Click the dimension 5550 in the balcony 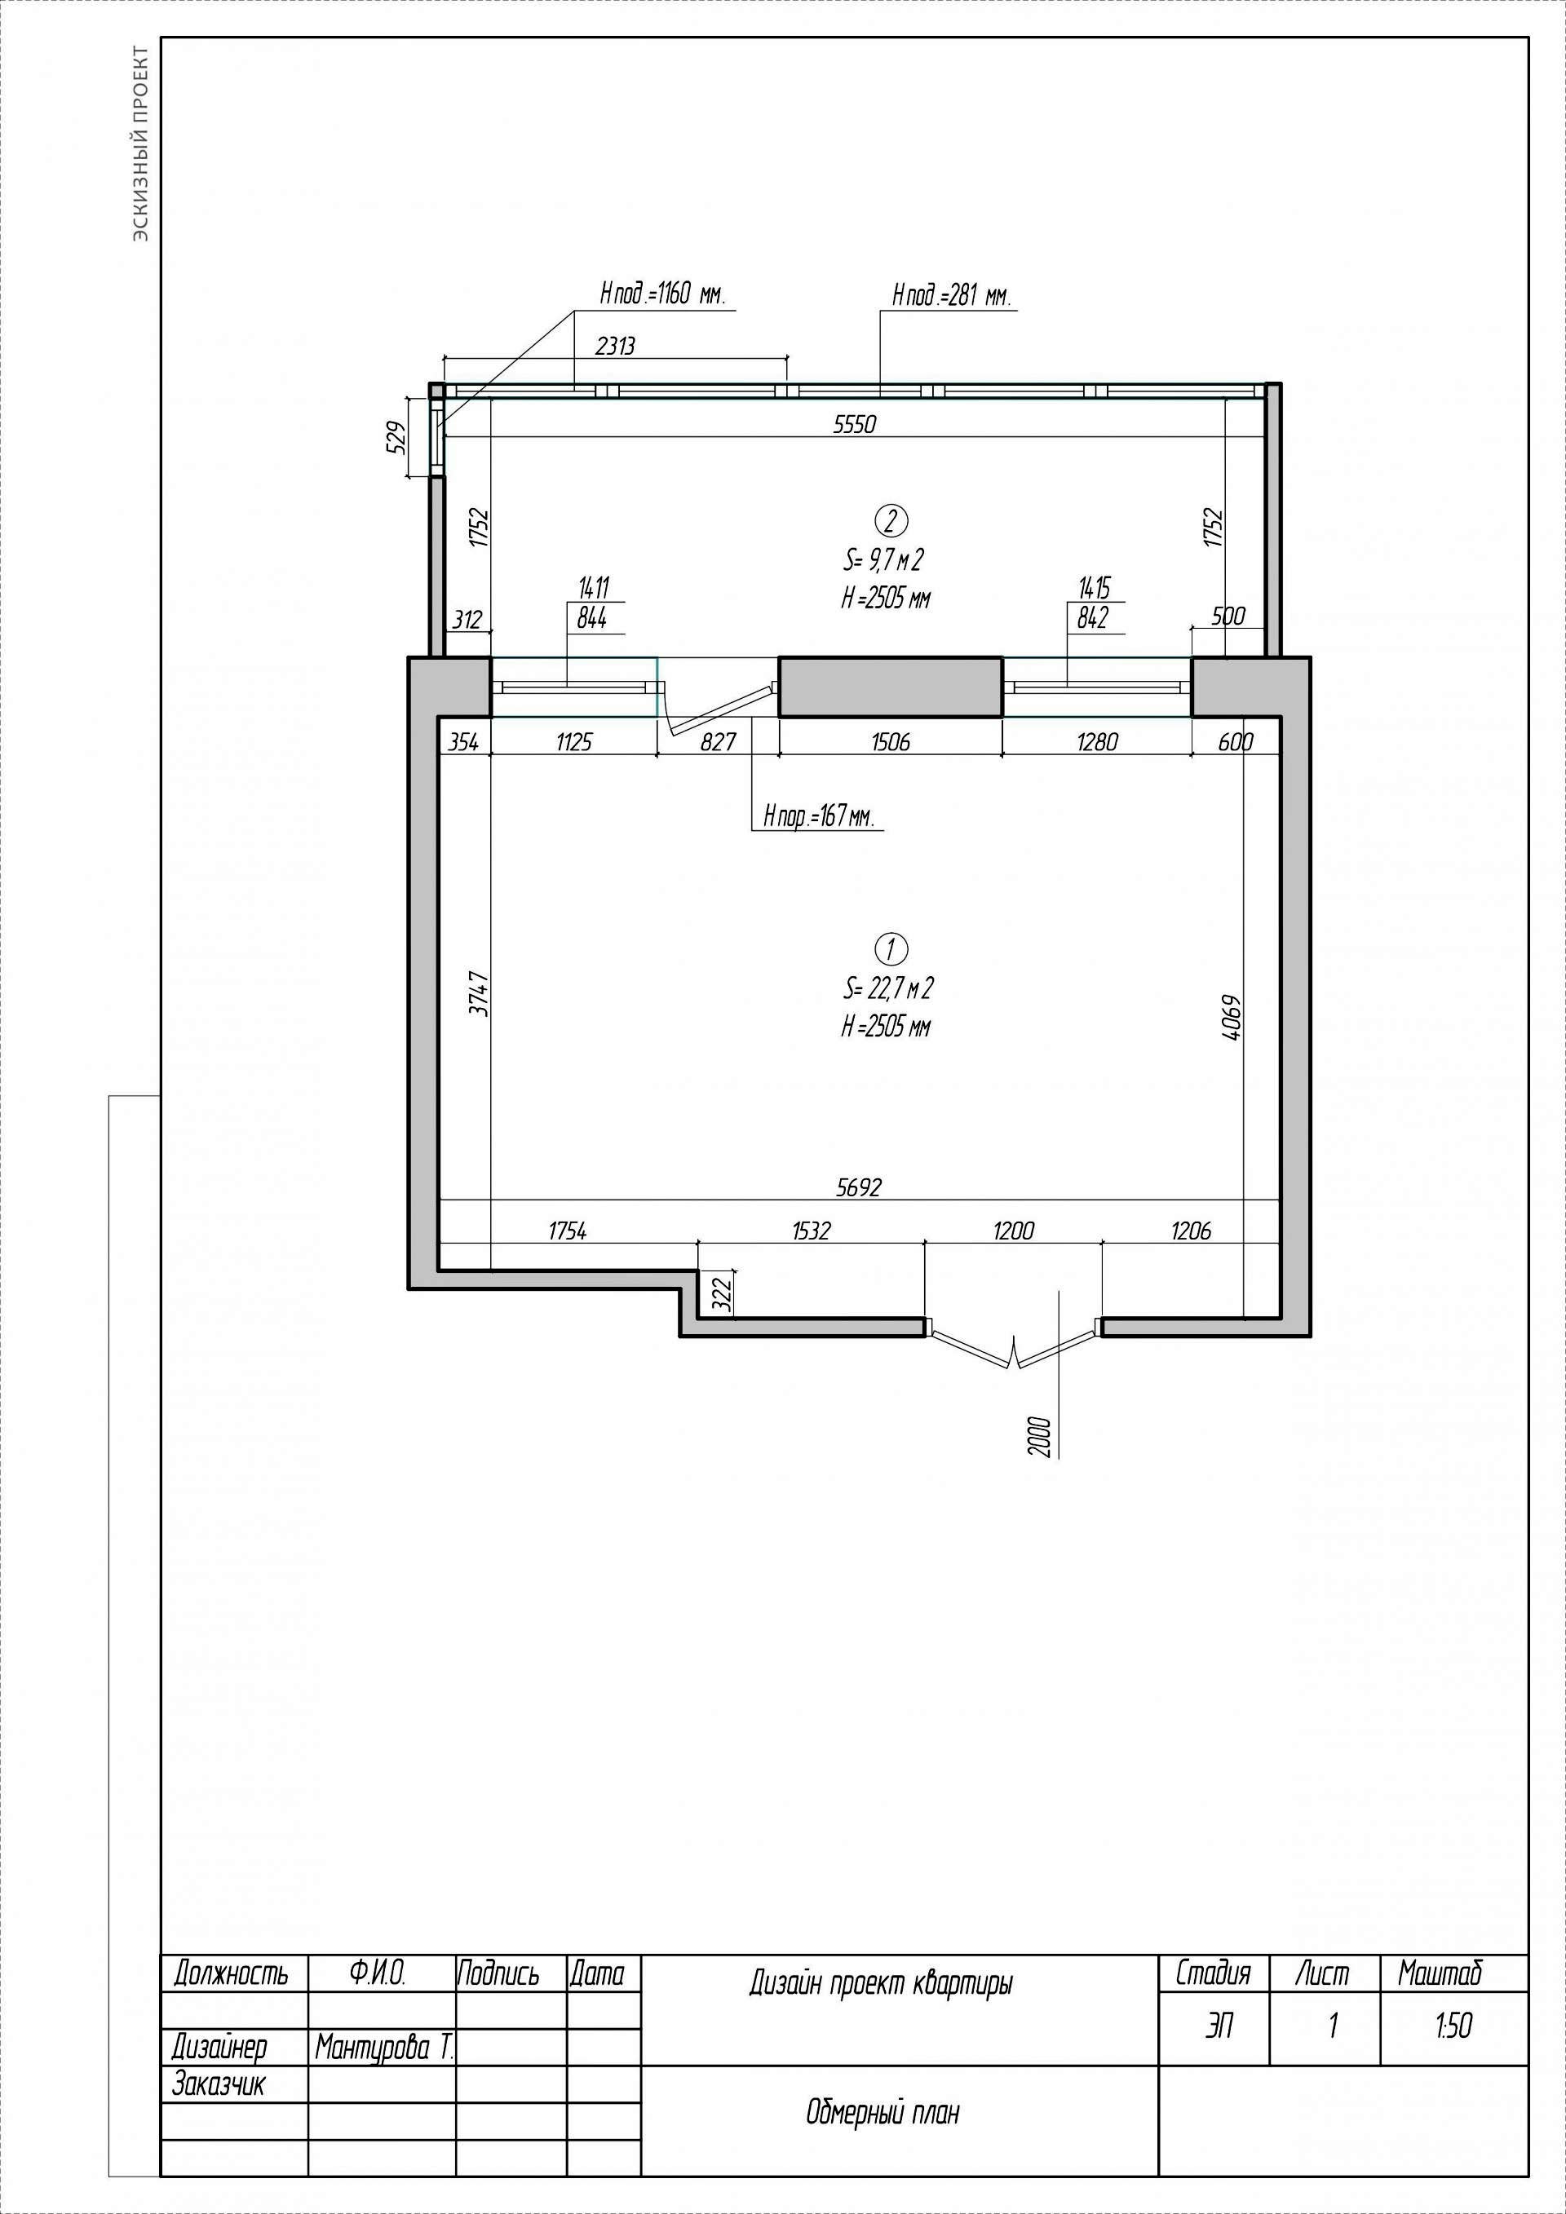pos(854,424)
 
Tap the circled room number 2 pos(890,521)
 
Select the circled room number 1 pos(890,950)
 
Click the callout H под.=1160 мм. pos(661,294)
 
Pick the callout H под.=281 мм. pos(952,295)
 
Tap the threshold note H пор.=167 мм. pos(819,817)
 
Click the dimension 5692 pos(858,1187)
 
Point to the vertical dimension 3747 pos(480,994)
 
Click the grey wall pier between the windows pos(890,687)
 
